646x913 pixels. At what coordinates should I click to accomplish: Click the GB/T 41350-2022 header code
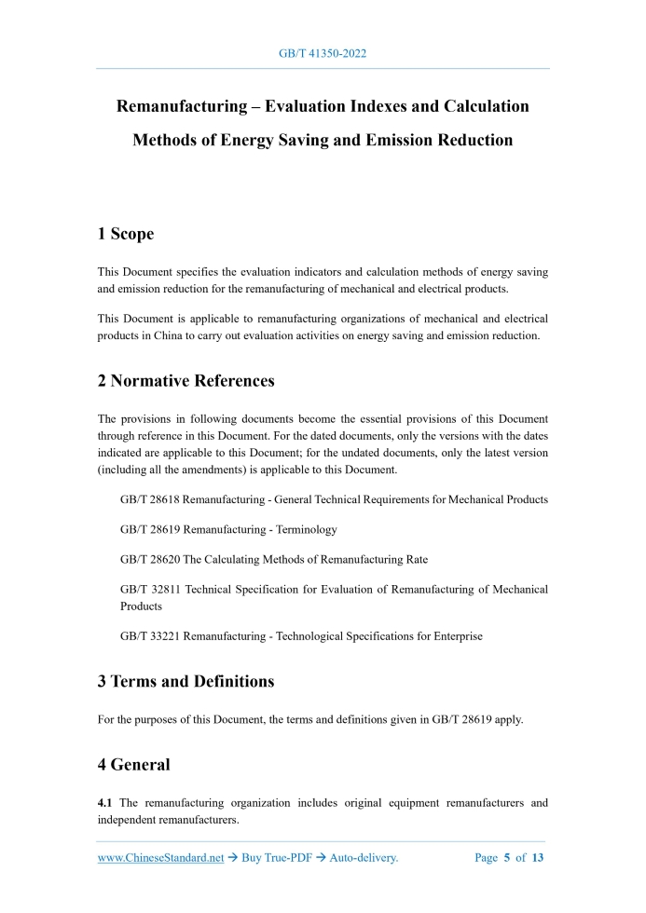click(323, 53)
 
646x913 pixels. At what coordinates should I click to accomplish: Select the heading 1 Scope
click(126, 234)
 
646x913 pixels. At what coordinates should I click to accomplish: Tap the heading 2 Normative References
click(186, 380)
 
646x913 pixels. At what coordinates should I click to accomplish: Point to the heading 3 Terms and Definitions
click(186, 681)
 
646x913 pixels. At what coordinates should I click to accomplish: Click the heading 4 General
click(134, 765)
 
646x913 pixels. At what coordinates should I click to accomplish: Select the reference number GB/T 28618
click(151, 499)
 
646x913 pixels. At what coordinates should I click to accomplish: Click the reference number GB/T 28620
click(151, 559)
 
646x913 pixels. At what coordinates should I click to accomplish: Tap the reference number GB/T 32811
click(151, 589)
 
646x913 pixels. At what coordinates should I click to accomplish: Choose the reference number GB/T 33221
click(151, 636)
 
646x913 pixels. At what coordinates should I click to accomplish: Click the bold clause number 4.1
click(106, 802)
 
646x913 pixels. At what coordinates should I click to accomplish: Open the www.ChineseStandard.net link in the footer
click(160, 858)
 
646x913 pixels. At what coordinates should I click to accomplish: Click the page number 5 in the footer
click(507, 858)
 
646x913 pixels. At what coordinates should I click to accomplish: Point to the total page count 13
click(537, 858)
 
